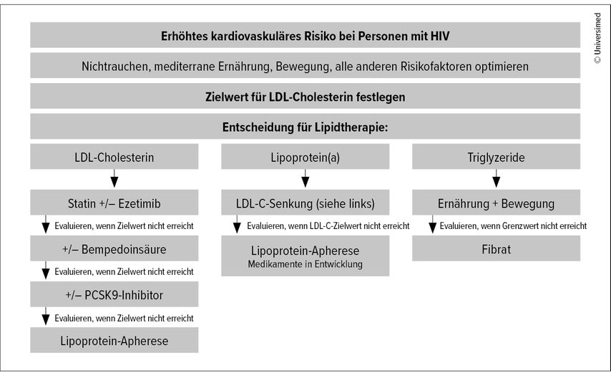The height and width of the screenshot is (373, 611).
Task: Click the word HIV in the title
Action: point(439,37)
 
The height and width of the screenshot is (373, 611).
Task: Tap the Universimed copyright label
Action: point(597,38)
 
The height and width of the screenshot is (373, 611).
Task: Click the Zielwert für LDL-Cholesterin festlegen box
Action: point(305,96)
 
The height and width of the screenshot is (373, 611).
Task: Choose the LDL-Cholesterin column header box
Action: point(114,156)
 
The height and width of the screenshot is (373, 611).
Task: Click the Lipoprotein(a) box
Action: point(305,156)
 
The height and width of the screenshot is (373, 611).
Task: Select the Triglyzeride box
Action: point(496,156)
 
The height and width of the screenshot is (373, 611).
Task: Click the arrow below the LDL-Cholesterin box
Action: point(114,178)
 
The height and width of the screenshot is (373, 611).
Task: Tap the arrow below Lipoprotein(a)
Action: point(305,178)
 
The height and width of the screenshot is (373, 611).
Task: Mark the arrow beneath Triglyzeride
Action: point(496,178)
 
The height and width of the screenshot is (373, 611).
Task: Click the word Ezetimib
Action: point(140,203)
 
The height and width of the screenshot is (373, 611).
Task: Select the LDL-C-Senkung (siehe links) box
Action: point(305,203)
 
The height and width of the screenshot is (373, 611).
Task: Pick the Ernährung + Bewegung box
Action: point(496,203)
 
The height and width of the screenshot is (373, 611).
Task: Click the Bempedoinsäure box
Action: point(114,248)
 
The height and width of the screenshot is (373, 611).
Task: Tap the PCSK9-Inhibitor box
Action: point(114,294)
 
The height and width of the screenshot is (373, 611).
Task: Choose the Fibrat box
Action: point(496,248)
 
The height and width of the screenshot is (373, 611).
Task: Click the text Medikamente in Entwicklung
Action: point(305,264)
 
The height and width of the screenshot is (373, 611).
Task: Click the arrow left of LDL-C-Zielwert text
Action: point(237,224)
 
